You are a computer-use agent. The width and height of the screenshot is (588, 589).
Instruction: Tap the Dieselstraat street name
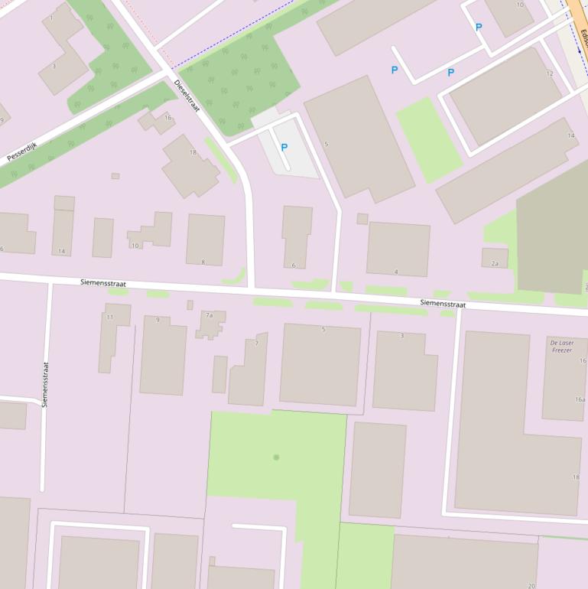pos(186,96)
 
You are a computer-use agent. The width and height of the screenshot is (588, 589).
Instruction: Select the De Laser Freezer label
pos(562,347)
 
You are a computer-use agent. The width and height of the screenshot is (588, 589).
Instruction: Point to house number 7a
pos(209,314)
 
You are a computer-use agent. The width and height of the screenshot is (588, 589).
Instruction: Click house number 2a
pos(495,263)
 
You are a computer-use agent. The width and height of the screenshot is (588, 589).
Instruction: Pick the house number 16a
pos(580,399)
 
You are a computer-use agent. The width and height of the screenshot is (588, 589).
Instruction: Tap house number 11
pos(109,317)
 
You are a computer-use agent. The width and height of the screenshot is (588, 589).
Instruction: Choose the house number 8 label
pos(203,262)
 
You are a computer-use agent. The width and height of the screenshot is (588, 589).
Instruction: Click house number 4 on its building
pos(396,272)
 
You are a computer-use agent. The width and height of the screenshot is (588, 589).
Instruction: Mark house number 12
pos(549,73)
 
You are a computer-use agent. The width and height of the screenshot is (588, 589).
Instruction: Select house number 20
pos(531,585)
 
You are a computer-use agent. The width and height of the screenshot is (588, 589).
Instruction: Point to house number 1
pos(51,17)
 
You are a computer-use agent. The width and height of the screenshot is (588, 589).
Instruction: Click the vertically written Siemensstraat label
pos(45,384)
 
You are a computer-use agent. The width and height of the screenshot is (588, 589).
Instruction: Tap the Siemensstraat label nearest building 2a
pos(443,304)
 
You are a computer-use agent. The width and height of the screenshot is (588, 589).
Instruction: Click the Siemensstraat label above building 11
pos(102,283)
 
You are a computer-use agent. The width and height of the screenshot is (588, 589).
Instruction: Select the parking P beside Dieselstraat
pos(284,147)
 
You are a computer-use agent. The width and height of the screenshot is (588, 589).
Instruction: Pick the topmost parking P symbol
pos(479,27)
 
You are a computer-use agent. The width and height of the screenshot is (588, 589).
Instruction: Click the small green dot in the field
pos(276,457)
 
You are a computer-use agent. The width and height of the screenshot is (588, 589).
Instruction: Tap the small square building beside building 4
pos(362,219)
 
